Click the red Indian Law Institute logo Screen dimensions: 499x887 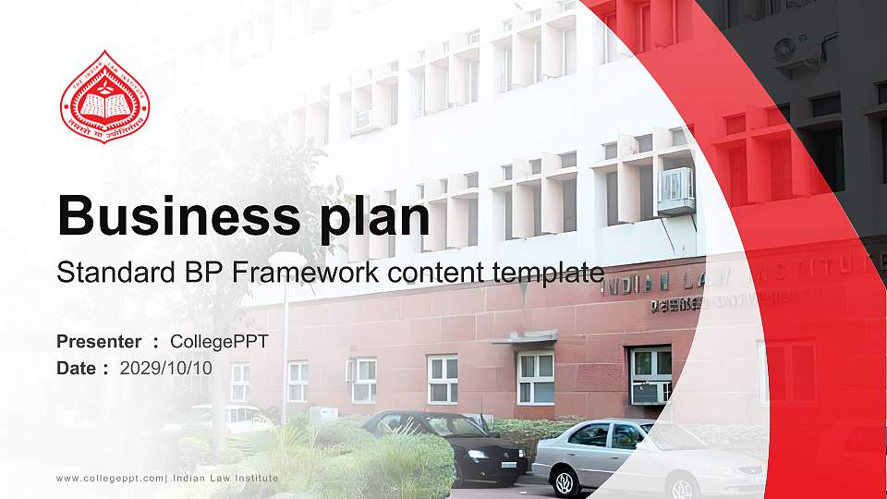pyautogui.click(x=104, y=97)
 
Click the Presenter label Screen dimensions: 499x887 pyautogui.click(x=99, y=342)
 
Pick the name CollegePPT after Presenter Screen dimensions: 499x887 pyautogui.click(x=219, y=342)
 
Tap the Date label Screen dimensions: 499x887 pyautogui.click(x=77, y=368)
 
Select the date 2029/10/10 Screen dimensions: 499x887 pyautogui.click(x=166, y=368)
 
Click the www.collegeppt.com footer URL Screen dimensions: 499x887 pyautogui.click(x=111, y=478)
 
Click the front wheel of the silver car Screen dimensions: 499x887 pyautogui.click(x=564, y=481)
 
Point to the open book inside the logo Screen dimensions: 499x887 pyautogui.click(x=104, y=104)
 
